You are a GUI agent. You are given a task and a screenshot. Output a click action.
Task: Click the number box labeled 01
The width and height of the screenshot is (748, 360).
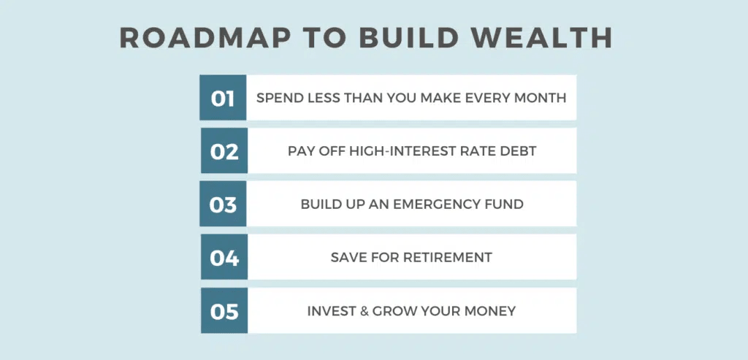pyautogui.click(x=223, y=98)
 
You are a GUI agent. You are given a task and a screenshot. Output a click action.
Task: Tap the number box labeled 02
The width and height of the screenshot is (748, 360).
pyautogui.click(x=224, y=151)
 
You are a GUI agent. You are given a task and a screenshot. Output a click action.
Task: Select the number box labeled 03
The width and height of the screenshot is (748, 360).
pyautogui.click(x=223, y=204)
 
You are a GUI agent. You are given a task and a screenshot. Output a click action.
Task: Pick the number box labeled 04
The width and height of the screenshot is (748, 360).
pyautogui.click(x=224, y=258)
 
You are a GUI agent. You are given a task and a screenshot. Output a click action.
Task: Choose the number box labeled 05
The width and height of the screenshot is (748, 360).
pyautogui.click(x=224, y=311)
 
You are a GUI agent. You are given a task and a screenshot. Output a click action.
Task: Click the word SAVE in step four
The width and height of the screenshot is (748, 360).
pyautogui.click(x=346, y=258)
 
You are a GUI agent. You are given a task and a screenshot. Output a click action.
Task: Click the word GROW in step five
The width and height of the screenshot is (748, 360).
pyautogui.click(x=394, y=311)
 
